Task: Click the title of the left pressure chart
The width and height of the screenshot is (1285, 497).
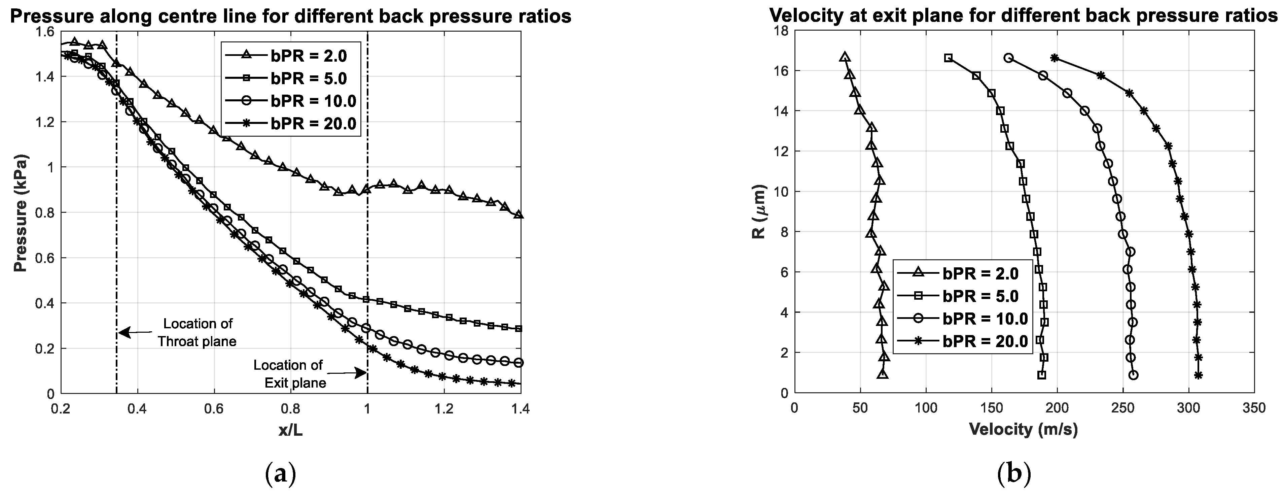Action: click(290, 17)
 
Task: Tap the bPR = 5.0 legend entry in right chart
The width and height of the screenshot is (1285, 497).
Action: click(980, 296)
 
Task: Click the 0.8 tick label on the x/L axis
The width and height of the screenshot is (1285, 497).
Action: click(290, 409)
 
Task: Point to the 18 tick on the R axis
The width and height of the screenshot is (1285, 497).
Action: click(782, 31)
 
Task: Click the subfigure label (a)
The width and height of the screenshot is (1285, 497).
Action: click(281, 474)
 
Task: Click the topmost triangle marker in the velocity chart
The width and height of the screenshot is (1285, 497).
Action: click(844, 57)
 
